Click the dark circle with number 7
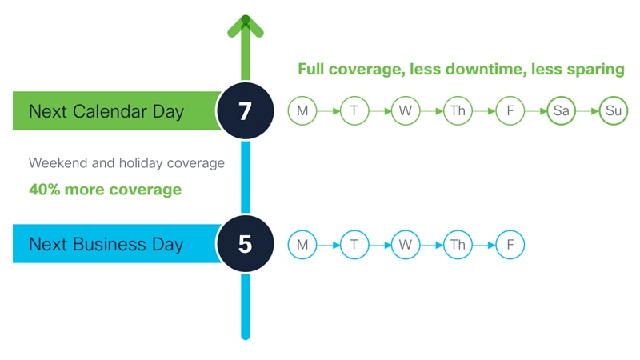[246, 110]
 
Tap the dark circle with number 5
[246, 244]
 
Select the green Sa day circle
[562, 110]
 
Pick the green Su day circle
[614, 110]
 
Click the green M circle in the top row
[302, 110]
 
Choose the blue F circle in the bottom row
[510, 245]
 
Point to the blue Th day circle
[458, 245]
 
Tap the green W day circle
[406, 110]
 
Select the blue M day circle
[302, 245]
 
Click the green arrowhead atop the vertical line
[246, 26]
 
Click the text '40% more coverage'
[106, 190]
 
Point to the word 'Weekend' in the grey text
[58, 163]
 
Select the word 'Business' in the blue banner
[110, 244]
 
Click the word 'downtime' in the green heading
[485, 69]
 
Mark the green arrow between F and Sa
[536, 111]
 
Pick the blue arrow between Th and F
[484, 246]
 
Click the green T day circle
[354, 110]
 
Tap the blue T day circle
[354, 245]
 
